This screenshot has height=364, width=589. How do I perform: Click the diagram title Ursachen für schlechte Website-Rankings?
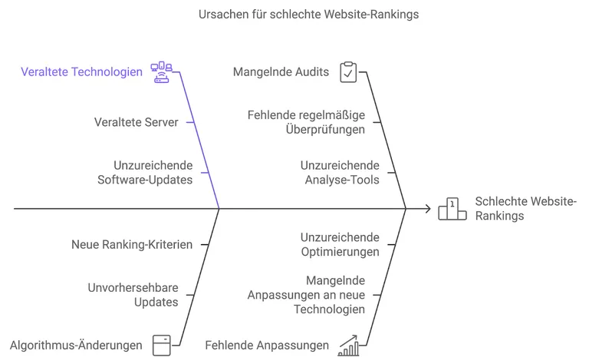tap(308, 14)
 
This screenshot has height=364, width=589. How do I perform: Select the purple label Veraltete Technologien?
tap(81, 72)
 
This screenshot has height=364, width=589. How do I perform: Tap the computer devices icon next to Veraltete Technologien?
tap(162, 72)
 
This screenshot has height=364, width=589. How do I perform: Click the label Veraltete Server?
tap(137, 122)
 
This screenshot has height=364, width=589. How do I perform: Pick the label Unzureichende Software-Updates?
tap(145, 172)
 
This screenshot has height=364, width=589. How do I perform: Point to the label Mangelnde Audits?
tap(281, 72)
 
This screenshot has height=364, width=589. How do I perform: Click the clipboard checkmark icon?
tap(348, 72)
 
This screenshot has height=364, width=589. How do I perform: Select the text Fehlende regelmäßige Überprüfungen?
tap(306, 122)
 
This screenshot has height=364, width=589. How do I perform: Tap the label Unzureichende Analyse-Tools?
tap(340, 172)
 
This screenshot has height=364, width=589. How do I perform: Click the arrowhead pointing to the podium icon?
tap(426, 208)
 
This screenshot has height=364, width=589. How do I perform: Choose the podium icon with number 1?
tap(452, 209)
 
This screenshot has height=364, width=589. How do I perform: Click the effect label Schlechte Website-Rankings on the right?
tap(525, 208)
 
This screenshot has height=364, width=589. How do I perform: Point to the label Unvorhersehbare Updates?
tap(133, 294)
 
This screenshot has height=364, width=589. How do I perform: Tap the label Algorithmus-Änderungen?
tap(76, 345)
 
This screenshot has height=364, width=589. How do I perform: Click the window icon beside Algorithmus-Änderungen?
tap(162, 344)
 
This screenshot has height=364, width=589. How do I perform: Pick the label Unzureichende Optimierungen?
tap(340, 244)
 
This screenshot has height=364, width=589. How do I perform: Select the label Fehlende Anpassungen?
tap(267, 345)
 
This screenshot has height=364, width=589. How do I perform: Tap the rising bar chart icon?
tap(349, 345)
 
